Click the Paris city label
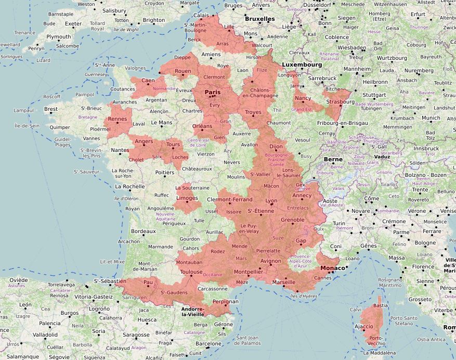coord(213,92)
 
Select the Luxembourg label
coord(302,65)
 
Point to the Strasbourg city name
coord(340,101)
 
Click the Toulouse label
coord(191,272)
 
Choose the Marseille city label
coord(283,282)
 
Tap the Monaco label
coord(332,268)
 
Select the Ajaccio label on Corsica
coord(363,326)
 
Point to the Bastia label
coord(381,305)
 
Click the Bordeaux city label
coord(144,231)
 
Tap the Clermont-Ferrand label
coord(230,199)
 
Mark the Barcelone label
coord(209,343)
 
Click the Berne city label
coord(333,159)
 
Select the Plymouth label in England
coord(58,37)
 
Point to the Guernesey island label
coord(96,74)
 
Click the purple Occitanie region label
coord(212,274)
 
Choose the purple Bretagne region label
coord(87,117)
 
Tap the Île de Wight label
coord(126,29)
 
